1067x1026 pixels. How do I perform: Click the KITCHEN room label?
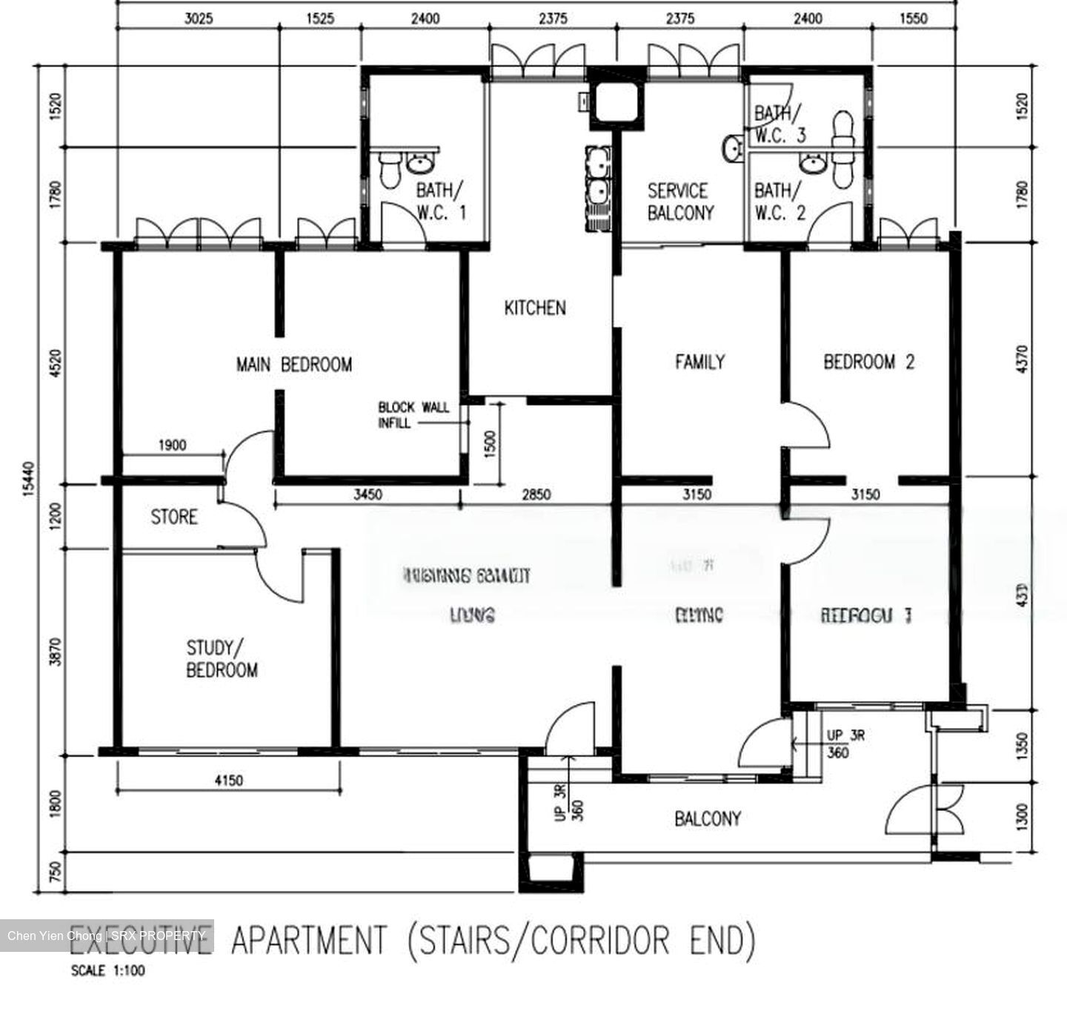[534, 308]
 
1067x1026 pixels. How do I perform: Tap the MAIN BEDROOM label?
[293, 365]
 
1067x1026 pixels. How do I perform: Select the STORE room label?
[174, 517]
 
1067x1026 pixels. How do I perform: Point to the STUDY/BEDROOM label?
[222, 659]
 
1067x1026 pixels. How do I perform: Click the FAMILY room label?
[699, 362]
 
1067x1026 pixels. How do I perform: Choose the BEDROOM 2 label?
[868, 362]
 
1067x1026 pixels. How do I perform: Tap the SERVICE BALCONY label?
[680, 202]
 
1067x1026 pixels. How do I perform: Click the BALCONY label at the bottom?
[707, 818]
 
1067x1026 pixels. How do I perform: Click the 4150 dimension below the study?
[228, 780]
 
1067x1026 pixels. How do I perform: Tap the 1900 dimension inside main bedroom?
[172, 446]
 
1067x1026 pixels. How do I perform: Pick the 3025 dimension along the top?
[198, 19]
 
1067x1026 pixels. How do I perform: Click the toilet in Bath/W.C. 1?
[389, 171]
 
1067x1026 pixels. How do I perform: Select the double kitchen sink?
[596, 178]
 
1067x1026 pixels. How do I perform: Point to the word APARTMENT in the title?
[308, 941]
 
